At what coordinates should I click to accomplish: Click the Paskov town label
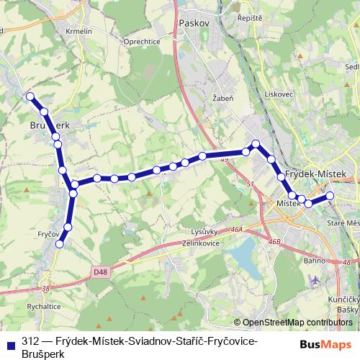pyautogui.click(x=191, y=23)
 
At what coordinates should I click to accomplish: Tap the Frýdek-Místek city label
pyautogui.click(x=316, y=175)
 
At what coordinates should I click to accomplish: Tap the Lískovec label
pyautogui.click(x=276, y=94)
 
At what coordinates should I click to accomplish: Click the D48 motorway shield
pyautogui.click(x=102, y=271)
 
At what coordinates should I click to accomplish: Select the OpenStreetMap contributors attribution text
pyautogui.click(x=293, y=323)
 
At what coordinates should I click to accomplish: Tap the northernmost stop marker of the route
pyautogui.click(x=30, y=96)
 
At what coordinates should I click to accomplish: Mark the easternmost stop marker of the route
pyautogui.click(x=330, y=196)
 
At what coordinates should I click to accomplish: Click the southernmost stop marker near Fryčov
pyautogui.click(x=60, y=244)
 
